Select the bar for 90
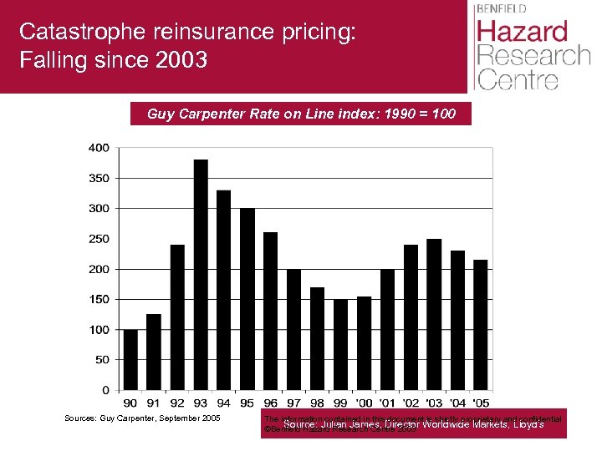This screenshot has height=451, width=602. [130, 359]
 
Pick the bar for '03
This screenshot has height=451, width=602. [434, 314]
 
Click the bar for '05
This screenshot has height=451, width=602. [481, 325]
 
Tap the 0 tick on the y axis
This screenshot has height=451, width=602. [105, 390]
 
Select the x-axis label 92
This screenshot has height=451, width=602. [177, 403]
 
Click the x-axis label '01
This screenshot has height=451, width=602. [387, 403]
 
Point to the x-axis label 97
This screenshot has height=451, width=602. [293, 403]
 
